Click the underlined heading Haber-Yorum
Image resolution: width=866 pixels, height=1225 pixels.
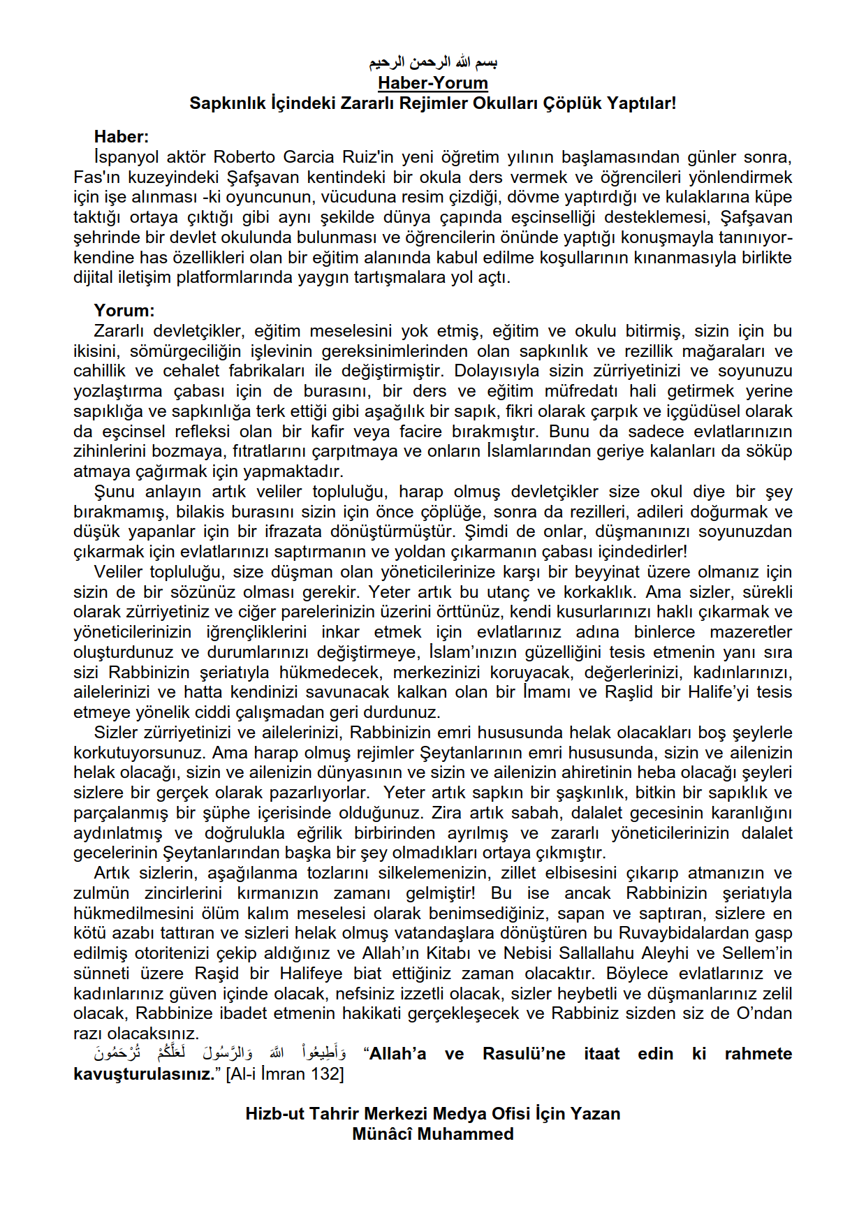[x=433, y=83]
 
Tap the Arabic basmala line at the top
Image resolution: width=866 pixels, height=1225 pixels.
[x=433, y=64]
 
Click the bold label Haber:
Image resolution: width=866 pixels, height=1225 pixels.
[x=122, y=137]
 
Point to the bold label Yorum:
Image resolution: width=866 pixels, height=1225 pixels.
[x=124, y=311]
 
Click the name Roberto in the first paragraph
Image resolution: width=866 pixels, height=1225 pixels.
[x=246, y=157]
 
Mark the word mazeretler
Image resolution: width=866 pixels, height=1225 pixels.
[x=751, y=633]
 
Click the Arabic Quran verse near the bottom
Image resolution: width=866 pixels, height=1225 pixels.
[x=220, y=1054]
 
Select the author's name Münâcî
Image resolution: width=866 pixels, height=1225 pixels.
[x=382, y=1134]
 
